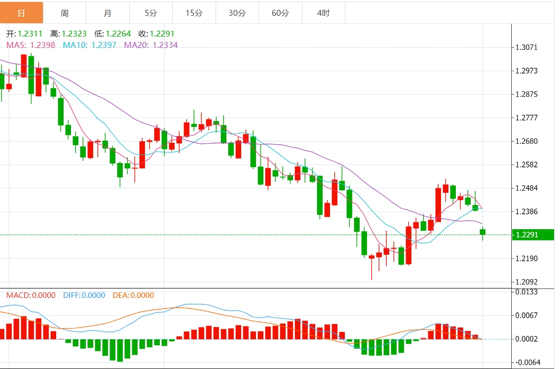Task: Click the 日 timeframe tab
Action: coord(21,13)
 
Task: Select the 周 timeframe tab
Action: coord(65,13)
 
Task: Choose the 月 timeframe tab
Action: coord(108,13)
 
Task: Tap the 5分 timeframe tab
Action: coord(151,13)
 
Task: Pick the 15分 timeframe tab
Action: coord(194,13)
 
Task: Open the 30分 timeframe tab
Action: coord(237,13)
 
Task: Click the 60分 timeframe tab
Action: coord(280,13)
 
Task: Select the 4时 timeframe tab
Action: coord(323,13)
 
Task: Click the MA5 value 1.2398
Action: coord(42,45)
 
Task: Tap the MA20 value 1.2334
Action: coord(165,45)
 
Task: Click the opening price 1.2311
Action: coord(30,34)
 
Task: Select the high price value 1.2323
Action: coord(74,34)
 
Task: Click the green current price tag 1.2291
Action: coord(532,235)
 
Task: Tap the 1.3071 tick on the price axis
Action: coord(526,48)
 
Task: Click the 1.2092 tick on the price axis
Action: coord(526,282)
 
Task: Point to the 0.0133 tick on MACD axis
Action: coord(526,292)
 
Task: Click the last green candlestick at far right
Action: coord(483,232)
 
